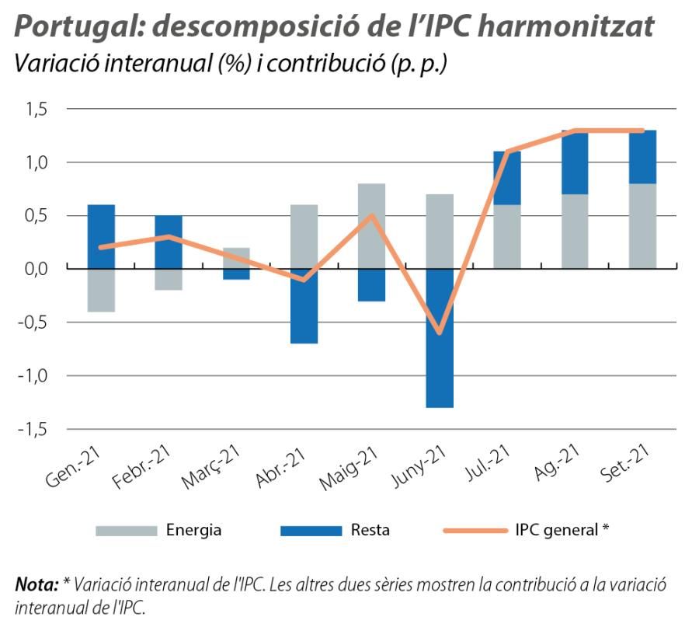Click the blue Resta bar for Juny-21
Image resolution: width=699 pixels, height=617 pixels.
[440, 337]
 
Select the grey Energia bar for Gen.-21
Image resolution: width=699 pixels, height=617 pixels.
[102, 290]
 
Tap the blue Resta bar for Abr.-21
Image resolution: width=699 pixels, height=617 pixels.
[304, 305]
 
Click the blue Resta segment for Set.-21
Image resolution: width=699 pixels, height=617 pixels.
[642, 157]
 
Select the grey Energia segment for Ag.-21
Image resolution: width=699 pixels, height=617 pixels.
[575, 231]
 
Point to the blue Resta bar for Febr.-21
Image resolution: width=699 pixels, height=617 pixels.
[169, 241]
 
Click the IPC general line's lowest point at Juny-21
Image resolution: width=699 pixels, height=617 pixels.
[440, 332]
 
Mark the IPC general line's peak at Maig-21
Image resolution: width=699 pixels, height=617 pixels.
[372, 215]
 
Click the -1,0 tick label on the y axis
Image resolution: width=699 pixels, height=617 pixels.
[33, 375]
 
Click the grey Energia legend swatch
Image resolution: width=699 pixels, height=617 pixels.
[125, 531]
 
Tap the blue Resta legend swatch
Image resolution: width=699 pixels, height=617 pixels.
[311, 531]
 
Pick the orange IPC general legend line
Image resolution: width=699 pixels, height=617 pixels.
[474, 531]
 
